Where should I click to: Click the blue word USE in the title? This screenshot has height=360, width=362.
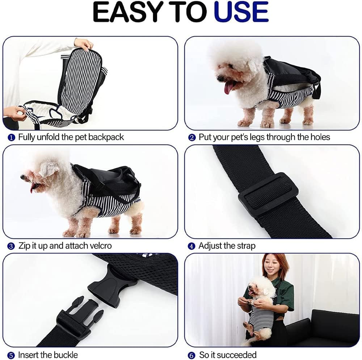click(241, 12)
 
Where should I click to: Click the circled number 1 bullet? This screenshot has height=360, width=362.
click(11, 138)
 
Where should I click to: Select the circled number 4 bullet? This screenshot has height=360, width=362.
click(191, 246)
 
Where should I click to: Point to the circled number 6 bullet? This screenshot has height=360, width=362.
click(191, 355)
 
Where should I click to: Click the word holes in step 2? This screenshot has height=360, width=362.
click(320, 137)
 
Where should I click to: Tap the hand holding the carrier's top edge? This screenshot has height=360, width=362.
click(84, 44)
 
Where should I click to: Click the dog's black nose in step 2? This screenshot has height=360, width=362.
click(220, 79)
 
